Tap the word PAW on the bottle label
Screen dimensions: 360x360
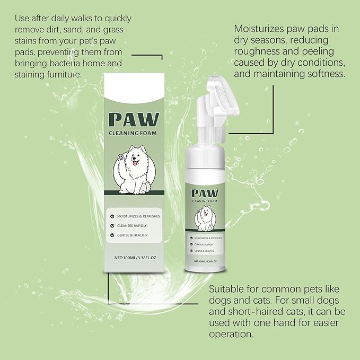[207, 193]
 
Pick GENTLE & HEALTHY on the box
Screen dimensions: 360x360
[136, 234]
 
